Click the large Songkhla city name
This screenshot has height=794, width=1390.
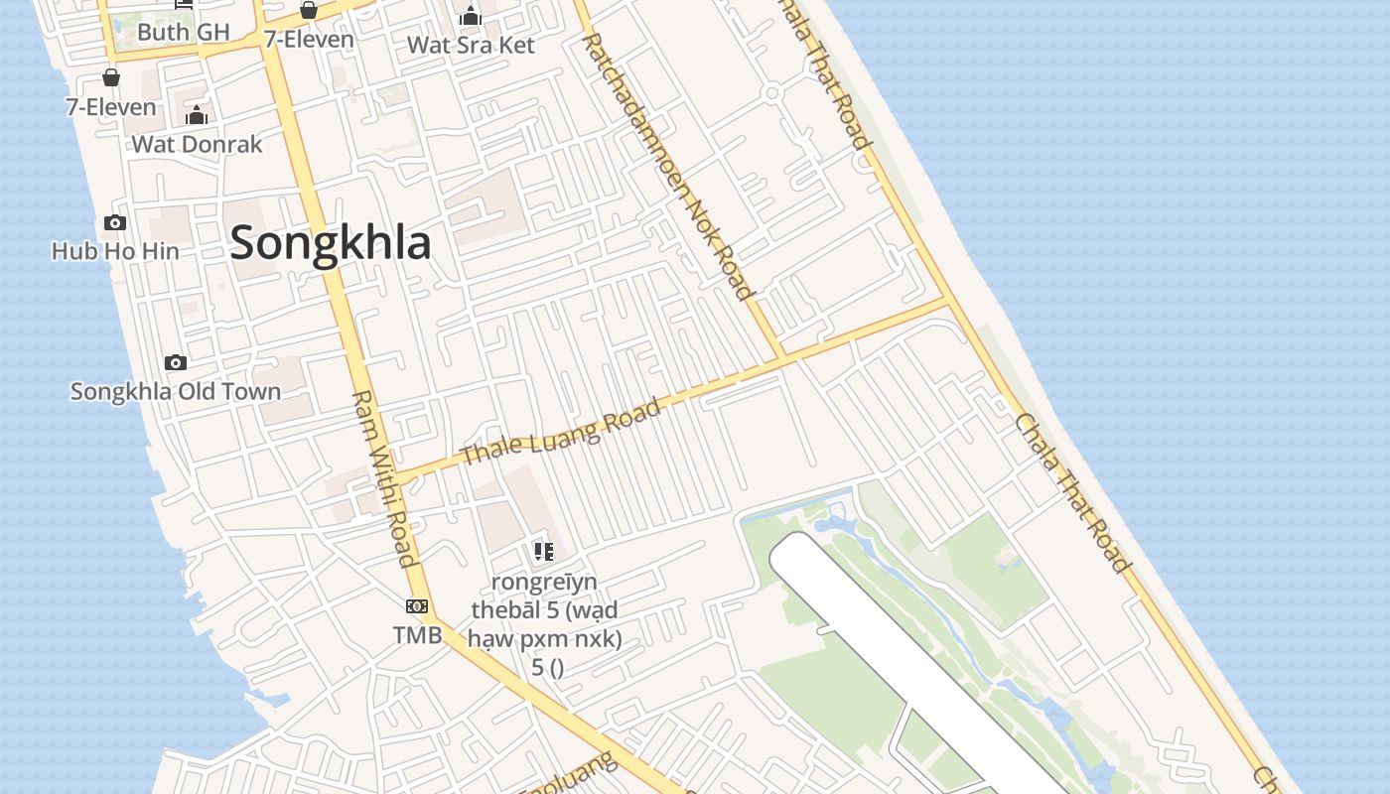[x=331, y=244]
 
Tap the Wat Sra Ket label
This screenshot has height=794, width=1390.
[x=471, y=46]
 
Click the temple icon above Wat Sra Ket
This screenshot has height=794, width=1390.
[x=471, y=16]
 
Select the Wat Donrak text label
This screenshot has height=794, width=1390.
[x=197, y=145]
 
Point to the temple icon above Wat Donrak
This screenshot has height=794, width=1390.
[x=197, y=115]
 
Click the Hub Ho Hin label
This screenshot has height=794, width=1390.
[x=115, y=251]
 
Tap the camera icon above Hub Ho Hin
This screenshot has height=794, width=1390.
[x=115, y=222]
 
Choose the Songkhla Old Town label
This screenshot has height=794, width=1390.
[x=176, y=392]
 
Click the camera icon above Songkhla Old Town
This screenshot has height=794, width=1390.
[x=176, y=362]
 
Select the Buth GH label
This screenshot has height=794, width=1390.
[x=184, y=32]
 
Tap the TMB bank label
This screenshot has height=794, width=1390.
[x=417, y=635]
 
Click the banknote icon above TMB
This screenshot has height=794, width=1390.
[x=417, y=606]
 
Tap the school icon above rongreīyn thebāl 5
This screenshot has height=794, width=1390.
[x=543, y=551]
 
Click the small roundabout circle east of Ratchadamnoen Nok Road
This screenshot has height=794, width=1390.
[x=771, y=93]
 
